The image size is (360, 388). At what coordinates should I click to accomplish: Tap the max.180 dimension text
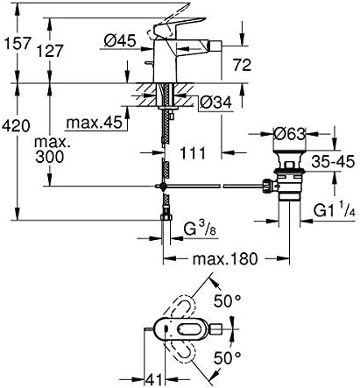coord(226,258)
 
